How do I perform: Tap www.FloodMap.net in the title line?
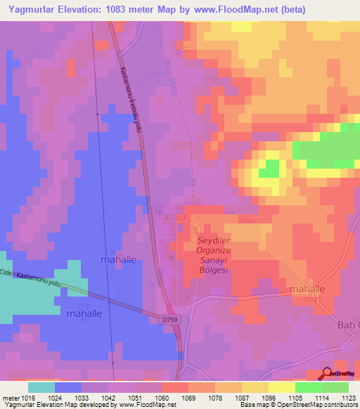(249, 8)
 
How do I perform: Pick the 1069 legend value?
(189, 397)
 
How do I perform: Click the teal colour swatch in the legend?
(41, 387)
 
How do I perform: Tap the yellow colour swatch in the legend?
(282, 387)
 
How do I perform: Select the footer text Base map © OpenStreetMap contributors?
(298, 405)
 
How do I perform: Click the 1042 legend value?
(109, 397)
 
